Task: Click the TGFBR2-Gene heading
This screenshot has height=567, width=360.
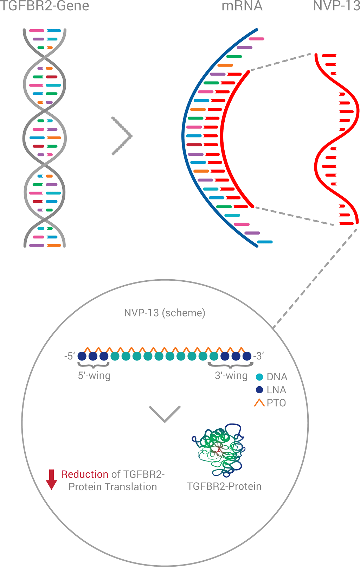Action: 44,6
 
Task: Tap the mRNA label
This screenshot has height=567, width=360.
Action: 242,6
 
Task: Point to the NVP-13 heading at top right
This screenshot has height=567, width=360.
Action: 337,6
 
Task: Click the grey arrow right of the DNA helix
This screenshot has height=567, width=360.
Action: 122,136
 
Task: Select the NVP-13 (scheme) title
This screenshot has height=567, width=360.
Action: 165,313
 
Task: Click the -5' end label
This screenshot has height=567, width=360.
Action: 69,356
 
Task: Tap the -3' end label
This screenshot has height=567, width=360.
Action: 258,356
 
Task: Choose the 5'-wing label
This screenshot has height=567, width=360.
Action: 94,376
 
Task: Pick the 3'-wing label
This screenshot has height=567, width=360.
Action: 231,376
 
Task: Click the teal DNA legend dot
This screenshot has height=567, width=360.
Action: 260,377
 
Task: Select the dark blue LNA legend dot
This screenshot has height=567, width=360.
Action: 260,390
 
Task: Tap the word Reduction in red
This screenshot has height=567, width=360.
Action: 85,474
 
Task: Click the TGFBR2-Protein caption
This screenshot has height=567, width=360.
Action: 224,486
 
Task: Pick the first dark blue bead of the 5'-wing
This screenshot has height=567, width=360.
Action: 82,356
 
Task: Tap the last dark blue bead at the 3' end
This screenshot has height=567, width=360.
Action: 247,356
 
